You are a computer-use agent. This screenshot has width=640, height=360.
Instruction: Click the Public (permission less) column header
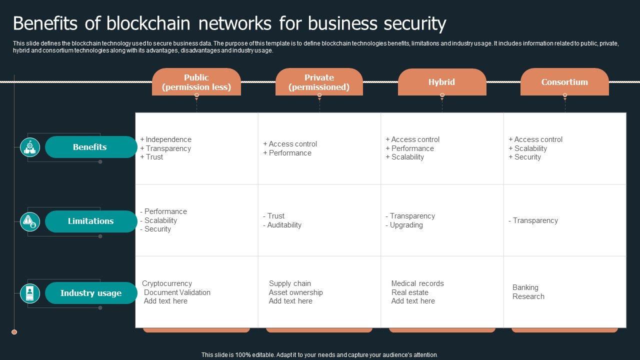pyautogui.click(x=196, y=82)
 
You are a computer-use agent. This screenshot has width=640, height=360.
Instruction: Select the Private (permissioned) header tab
pyautogui.click(x=319, y=82)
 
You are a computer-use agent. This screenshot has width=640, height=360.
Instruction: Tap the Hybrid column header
pyautogui.click(x=441, y=82)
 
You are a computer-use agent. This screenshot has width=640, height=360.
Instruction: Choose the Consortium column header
pyautogui.click(x=564, y=82)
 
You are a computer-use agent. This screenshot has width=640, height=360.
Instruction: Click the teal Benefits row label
pyautogui.click(x=90, y=147)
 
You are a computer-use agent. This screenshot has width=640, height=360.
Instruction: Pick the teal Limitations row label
pyautogui.click(x=90, y=221)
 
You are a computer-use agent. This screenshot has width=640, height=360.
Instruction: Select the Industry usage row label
pyautogui.click(x=90, y=293)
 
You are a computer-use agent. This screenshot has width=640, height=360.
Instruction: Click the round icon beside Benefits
pyautogui.click(x=30, y=147)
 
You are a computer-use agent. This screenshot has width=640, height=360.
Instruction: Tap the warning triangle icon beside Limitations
pyautogui.click(x=30, y=221)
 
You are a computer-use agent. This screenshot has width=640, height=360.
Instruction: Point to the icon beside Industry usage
pyautogui.click(x=30, y=293)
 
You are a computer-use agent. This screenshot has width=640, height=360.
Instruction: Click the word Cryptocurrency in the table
pyautogui.click(x=167, y=283)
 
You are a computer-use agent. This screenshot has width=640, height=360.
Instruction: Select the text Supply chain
pyautogui.click(x=290, y=283)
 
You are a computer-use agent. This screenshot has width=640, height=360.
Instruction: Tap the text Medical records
pyautogui.click(x=417, y=283)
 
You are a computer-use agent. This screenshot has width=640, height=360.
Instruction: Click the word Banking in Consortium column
pyautogui.click(x=525, y=287)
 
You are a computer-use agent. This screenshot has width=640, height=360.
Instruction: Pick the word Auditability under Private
pyautogui.click(x=284, y=225)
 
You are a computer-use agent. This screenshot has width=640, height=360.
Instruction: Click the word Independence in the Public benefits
pyautogui.click(x=168, y=139)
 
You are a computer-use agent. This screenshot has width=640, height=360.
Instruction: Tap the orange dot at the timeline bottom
pyautogui.click(x=14, y=332)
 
